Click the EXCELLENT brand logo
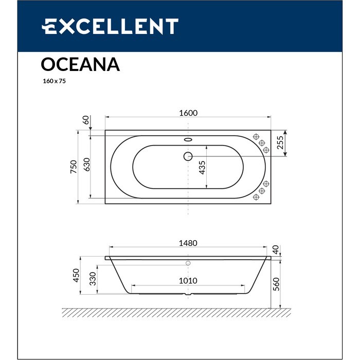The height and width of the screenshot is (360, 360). (110, 26)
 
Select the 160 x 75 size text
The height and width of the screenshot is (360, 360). (53, 81)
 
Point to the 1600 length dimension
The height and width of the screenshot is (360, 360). (189, 113)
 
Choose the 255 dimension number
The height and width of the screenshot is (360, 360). (280, 142)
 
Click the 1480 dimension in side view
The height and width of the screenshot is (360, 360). (189, 243)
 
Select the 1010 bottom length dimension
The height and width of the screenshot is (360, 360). (189, 281)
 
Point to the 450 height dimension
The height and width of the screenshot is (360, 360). (77, 276)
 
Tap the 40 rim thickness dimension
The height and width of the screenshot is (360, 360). (277, 250)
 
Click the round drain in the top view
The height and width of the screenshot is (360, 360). (188, 155)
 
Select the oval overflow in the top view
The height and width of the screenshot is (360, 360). (188, 138)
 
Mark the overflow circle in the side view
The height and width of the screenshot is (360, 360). (188, 263)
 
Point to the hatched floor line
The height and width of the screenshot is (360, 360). (175, 312)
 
